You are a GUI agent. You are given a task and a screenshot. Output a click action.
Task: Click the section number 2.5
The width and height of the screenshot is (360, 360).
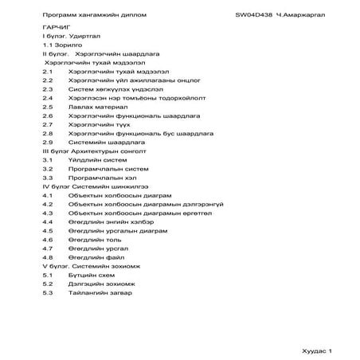47,106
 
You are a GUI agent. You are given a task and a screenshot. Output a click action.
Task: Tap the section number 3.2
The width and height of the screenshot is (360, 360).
47,169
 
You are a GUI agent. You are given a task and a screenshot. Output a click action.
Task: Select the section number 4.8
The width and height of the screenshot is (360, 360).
47,258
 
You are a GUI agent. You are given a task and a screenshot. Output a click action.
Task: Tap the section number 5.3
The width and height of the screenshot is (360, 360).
47,293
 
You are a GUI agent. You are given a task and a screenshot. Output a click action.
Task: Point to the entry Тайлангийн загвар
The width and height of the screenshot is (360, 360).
100,293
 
